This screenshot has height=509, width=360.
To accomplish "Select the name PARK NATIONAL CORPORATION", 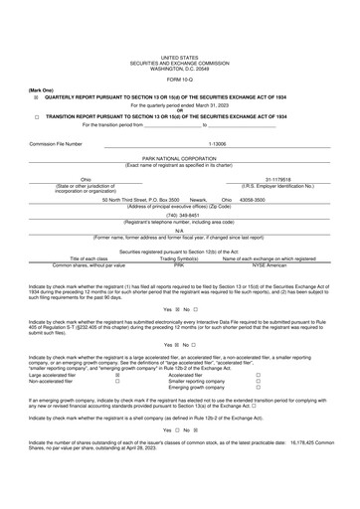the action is pos(179,157).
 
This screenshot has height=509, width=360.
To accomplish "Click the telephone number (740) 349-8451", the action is pos(179,214).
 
